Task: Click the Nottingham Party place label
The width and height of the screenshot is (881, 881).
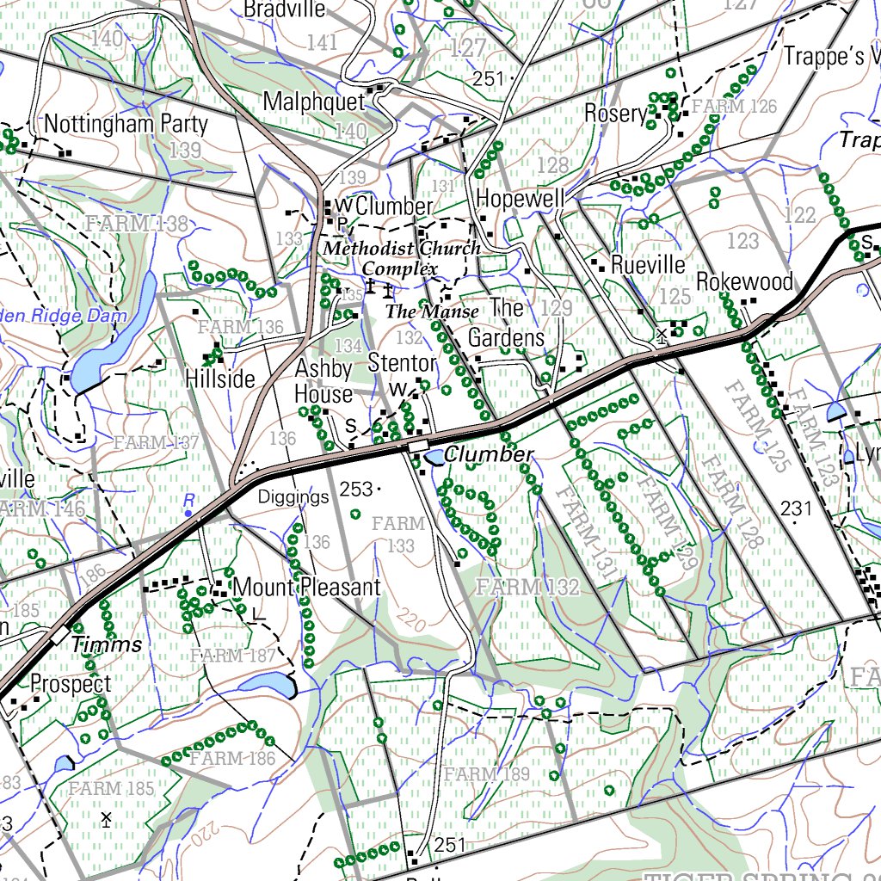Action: [x=126, y=124]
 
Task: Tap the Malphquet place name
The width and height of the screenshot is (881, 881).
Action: [x=314, y=102]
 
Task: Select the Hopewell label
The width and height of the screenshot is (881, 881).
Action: [x=521, y=199]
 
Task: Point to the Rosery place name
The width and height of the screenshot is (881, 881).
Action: [x=615, y=113]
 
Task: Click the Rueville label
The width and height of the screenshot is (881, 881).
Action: [x=648, y=264]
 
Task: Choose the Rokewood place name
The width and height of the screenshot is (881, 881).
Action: [x=744, y=282]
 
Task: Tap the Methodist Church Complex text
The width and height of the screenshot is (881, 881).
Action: [x=402, y=258]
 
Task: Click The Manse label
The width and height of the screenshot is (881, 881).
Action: [x=432, y=311]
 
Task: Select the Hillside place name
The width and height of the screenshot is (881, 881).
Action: [x=220, y=379]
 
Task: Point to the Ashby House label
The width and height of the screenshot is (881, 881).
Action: [x=323, y=381]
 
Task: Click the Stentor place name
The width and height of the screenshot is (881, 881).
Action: [x=402, y=363]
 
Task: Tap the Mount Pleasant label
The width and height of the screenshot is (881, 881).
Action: [x=306, y=588]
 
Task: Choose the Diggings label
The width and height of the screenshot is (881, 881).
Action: [x=294, y=497]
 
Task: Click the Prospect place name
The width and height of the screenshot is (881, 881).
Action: [x=71, y=685]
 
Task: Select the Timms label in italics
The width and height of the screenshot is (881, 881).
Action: [x=107, y=644]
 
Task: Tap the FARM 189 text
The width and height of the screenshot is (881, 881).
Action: [x=488, y=774]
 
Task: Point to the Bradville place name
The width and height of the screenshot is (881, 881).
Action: [x=285, y=9]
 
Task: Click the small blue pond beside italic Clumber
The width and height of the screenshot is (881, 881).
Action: [x=434, y=457]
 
